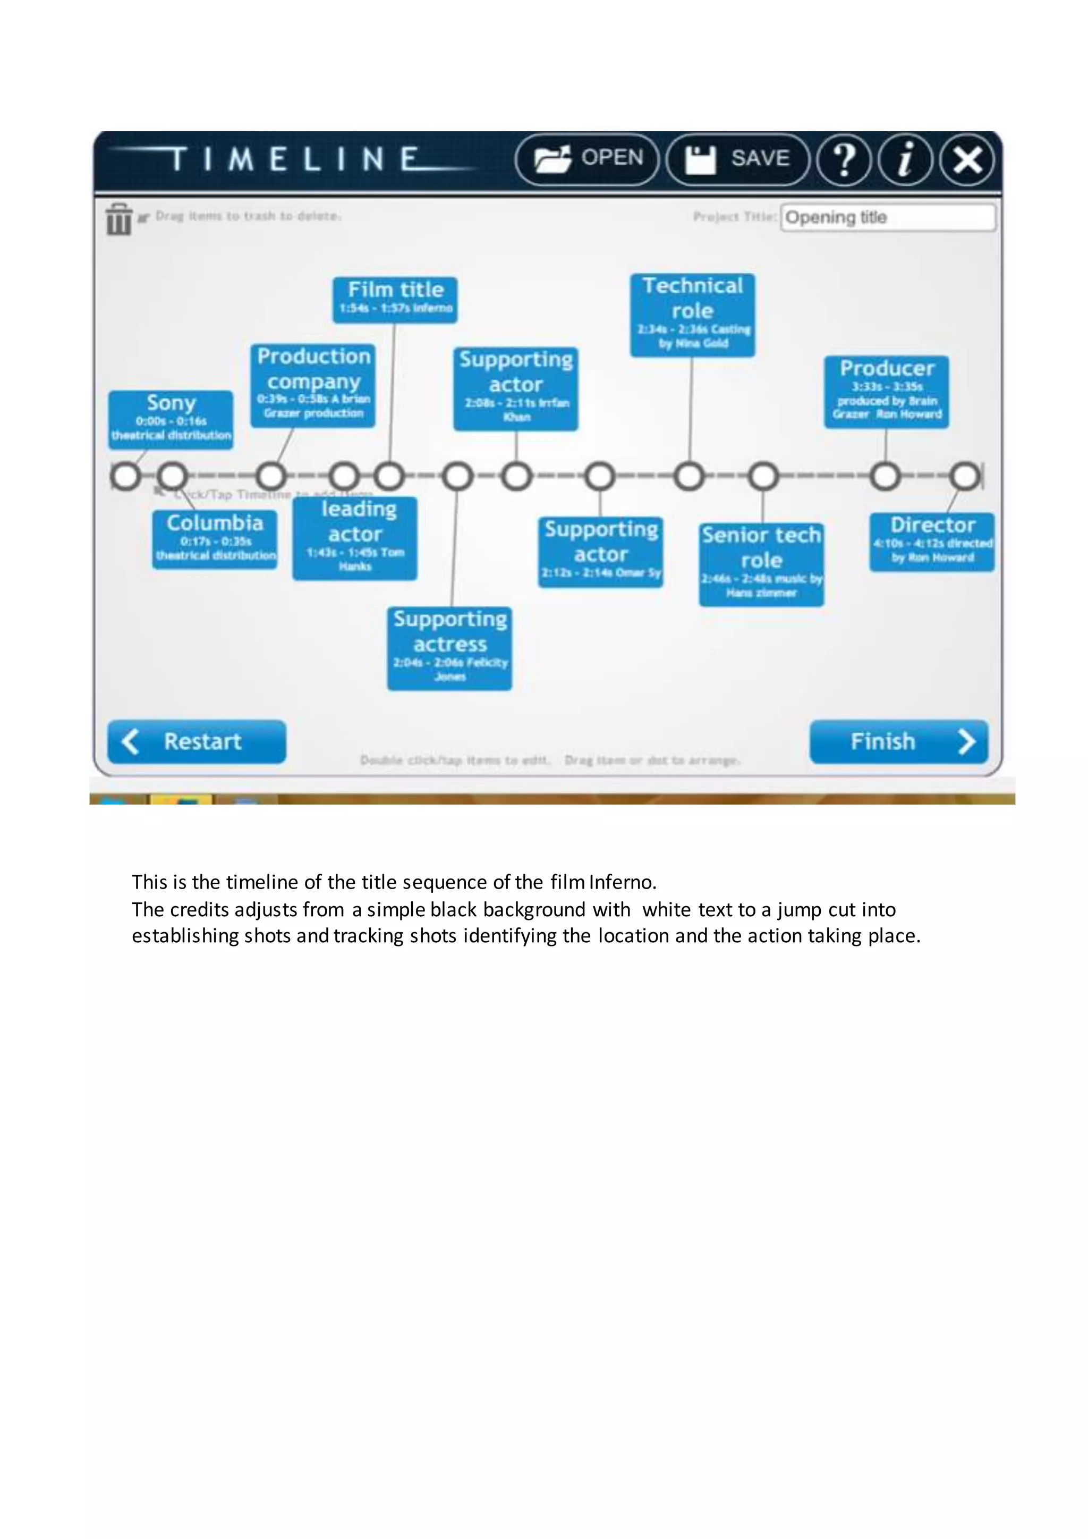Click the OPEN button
588,159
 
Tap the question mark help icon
844,159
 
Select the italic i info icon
905,159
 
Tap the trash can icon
118,218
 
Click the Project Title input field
888,217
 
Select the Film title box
395,299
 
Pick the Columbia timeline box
215,539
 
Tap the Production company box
313,385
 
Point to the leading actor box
355,538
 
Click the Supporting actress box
449,647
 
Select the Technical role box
692,315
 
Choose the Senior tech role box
761,564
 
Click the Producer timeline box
886,392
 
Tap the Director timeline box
932,542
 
